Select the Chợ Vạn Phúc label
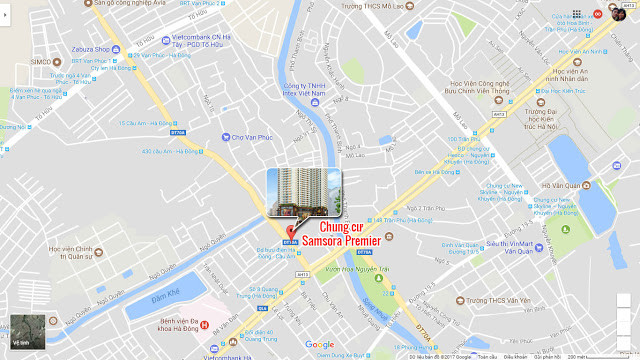[248, 136]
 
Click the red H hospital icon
[205, 324]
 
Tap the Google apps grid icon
[577, 14]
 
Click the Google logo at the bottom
[320, 345]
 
